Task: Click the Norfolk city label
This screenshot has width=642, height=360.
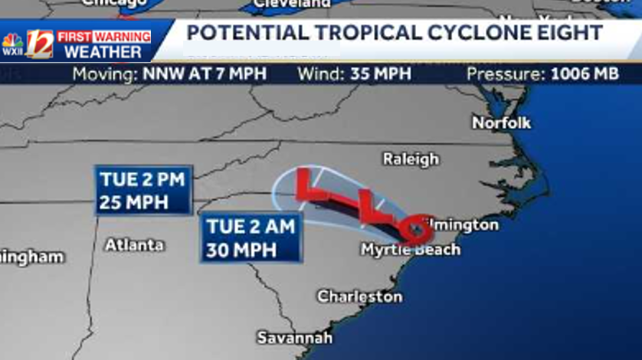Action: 501,123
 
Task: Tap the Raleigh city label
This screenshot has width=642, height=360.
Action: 411,159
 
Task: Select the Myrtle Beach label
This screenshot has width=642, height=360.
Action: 411,250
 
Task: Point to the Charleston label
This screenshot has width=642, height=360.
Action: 359,296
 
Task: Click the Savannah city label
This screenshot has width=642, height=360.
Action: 294,338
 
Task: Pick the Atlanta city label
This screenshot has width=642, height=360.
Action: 134,245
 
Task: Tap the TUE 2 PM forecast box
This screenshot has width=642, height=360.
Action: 143,189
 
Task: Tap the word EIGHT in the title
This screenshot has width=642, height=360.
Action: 568,33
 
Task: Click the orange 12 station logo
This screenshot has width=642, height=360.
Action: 39,44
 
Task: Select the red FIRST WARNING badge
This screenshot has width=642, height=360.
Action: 104,36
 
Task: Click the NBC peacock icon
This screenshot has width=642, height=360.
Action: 12,39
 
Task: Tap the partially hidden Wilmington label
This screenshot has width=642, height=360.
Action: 463,225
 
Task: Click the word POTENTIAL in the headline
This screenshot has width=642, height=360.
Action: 245,33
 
